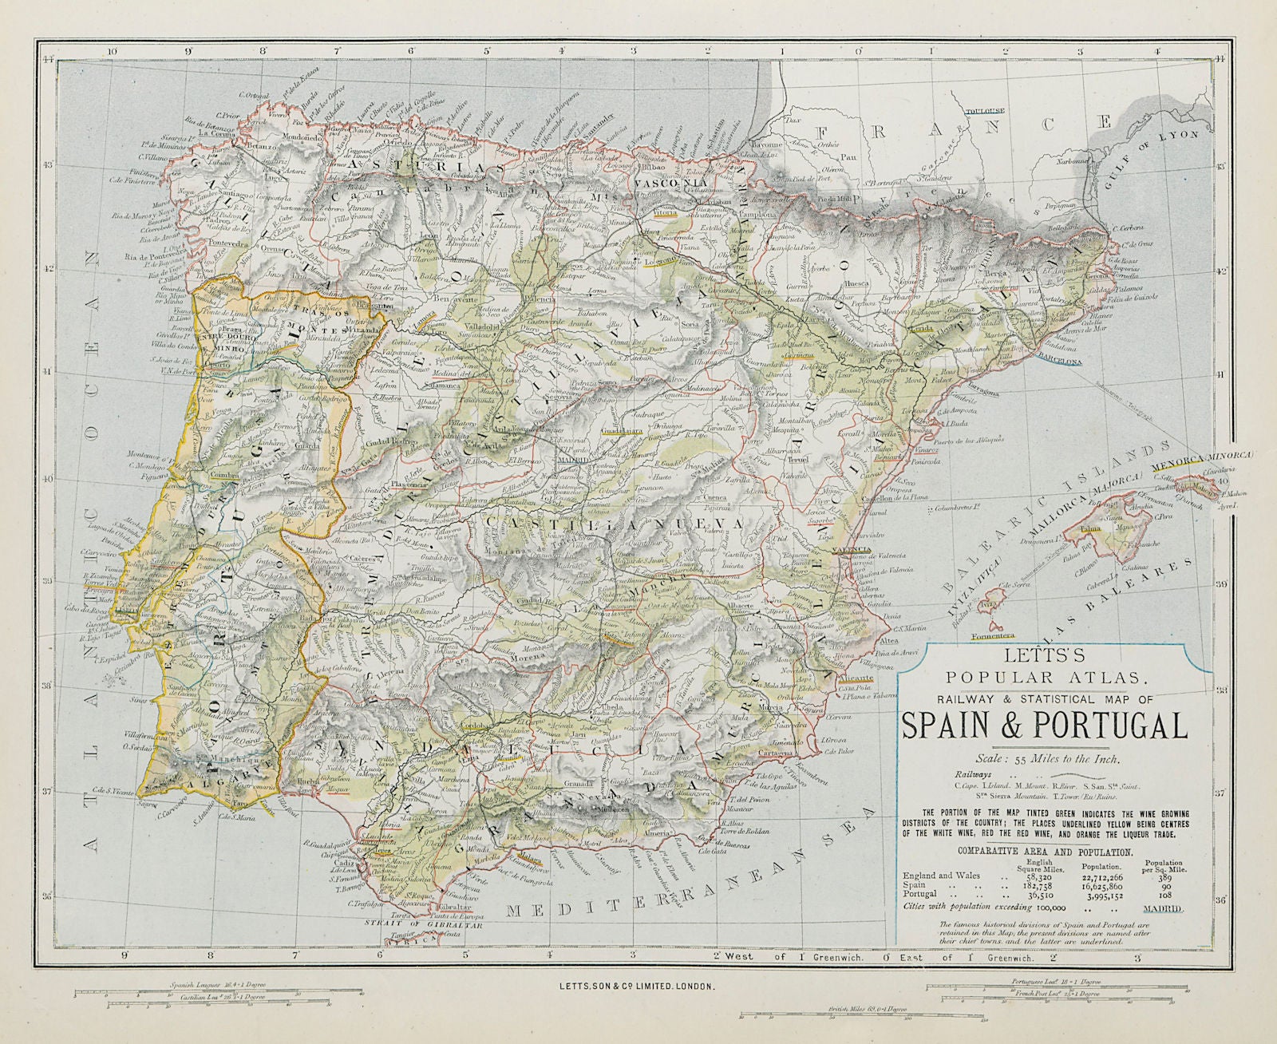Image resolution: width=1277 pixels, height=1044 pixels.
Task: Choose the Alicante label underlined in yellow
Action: [x=855, y=674]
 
